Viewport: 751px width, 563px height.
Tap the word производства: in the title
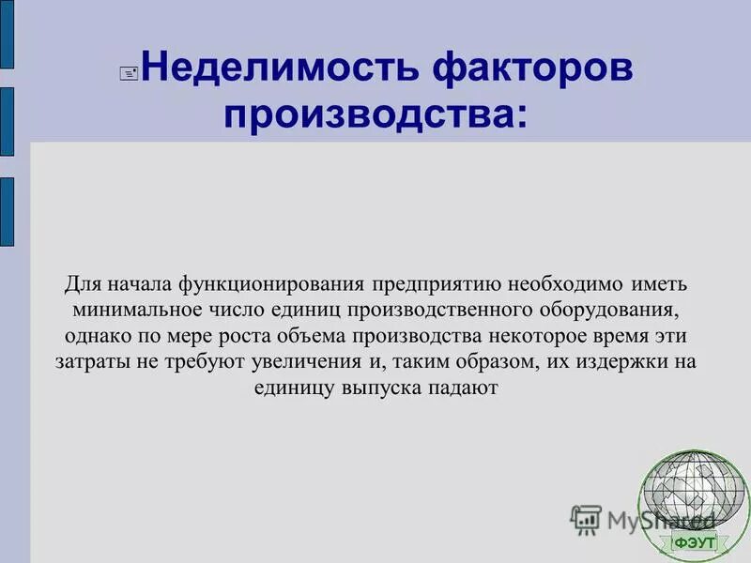tap(375, 115)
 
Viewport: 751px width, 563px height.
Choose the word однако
tap(95, 336)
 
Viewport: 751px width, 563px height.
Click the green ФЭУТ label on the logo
tap(694, 542)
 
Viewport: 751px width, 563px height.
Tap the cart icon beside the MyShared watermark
tap(586, 519)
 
